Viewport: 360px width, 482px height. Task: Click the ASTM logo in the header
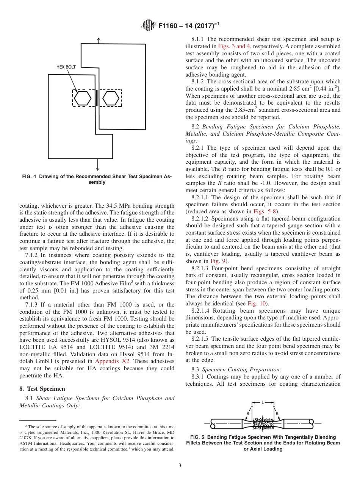click(148, 25)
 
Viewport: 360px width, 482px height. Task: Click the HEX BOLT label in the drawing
click(66, 67)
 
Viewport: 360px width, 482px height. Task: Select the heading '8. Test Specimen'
click(42, 388)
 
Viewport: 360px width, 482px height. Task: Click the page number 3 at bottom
click(180, 465)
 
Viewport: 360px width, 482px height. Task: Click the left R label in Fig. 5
click(248, 413)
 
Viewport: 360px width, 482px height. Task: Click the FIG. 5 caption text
click(263, 443)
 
